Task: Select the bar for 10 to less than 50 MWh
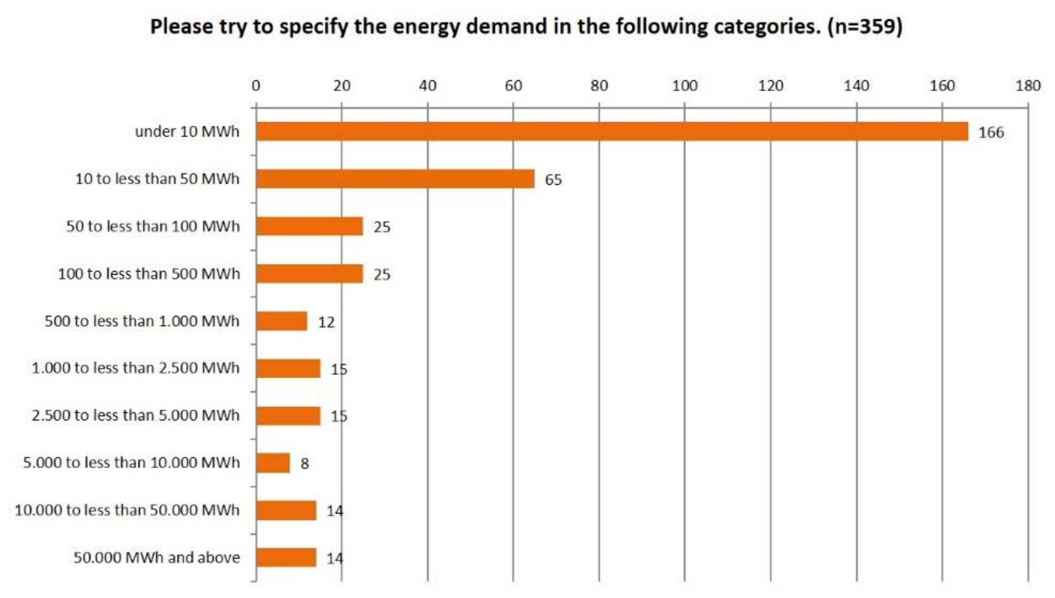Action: pyautogui.click(x=395, y=179)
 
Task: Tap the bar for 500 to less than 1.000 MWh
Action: pyautogui.click(x=281, y=321)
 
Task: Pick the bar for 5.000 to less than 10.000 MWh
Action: pyautogui.click(x=273, y=463)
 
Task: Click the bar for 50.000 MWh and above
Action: pyautogui.click(x=286, y=557)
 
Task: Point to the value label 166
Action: pyautogui.click(x=991, y=133)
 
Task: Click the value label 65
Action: pyautogui.click(x=553, y=180)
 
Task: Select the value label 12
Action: pyautogui.click(x=326, y=322)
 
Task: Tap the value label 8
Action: pyautogui.click(x=304, y=464)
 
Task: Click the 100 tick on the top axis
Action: pyautogui.click(x=685, y=86)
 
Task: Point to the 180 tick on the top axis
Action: pyautogui.click(x=1028, y=86)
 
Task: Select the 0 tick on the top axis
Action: pyautogui.click(x=256, y=86)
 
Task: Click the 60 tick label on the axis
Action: pyautogui.click(x=513, y=86)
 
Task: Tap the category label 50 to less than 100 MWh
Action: pyautogui.click(x=153, y=226)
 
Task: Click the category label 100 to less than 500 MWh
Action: pyautogui.click(x=149, y=273)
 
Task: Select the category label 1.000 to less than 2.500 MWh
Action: pyautogui.click(x=136, y=368)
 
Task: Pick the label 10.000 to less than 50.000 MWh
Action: pyautogui.click(x=127, y=510)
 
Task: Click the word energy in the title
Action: pyautogui.click(x=426, y=27)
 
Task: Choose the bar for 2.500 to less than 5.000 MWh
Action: pyautogui.click(x=288, y=416)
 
